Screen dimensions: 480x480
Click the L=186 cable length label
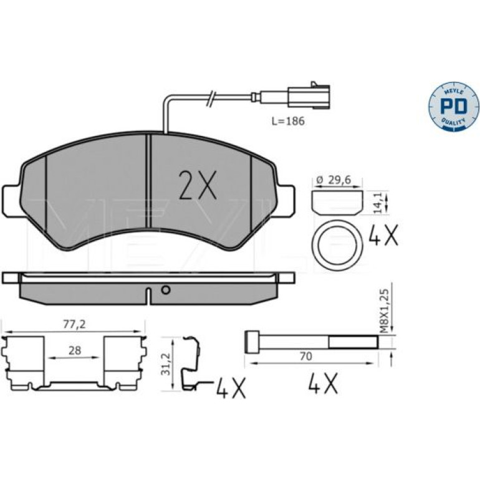pos(289,121)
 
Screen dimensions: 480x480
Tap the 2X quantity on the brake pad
pos(198,185)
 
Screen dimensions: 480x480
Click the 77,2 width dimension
pos(74,325)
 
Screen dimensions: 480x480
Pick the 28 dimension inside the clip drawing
pos(75,350)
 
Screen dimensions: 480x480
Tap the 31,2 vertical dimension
pos(166,363)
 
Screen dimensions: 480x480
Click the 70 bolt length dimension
pos(306,357)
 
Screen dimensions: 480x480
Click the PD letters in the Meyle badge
pos(453,107)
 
